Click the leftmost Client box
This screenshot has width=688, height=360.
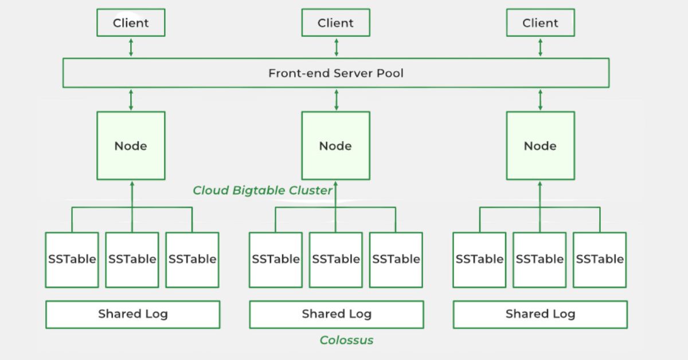131,24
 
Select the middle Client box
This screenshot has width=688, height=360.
335,24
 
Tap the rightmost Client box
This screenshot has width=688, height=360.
540,24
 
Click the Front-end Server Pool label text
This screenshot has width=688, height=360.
335,73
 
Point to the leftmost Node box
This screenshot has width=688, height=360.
131,146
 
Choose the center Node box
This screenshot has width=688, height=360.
335,146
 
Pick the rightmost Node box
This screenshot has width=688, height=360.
540,146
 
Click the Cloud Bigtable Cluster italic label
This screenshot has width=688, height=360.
263,190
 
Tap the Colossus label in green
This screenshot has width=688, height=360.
346,340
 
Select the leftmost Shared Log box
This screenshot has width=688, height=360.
132,314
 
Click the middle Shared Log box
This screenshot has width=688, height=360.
336,314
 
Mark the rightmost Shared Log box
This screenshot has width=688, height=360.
540,314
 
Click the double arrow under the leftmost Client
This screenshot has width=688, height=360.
131,47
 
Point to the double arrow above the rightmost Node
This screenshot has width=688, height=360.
540,100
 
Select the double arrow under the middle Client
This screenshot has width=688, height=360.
336,47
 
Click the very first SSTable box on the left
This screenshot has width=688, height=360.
72,259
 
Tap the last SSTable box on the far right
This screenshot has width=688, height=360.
600,259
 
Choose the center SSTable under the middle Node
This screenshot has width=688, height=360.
336,259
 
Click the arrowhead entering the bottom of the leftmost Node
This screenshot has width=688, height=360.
132,184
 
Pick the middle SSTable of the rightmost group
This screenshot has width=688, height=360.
540,259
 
